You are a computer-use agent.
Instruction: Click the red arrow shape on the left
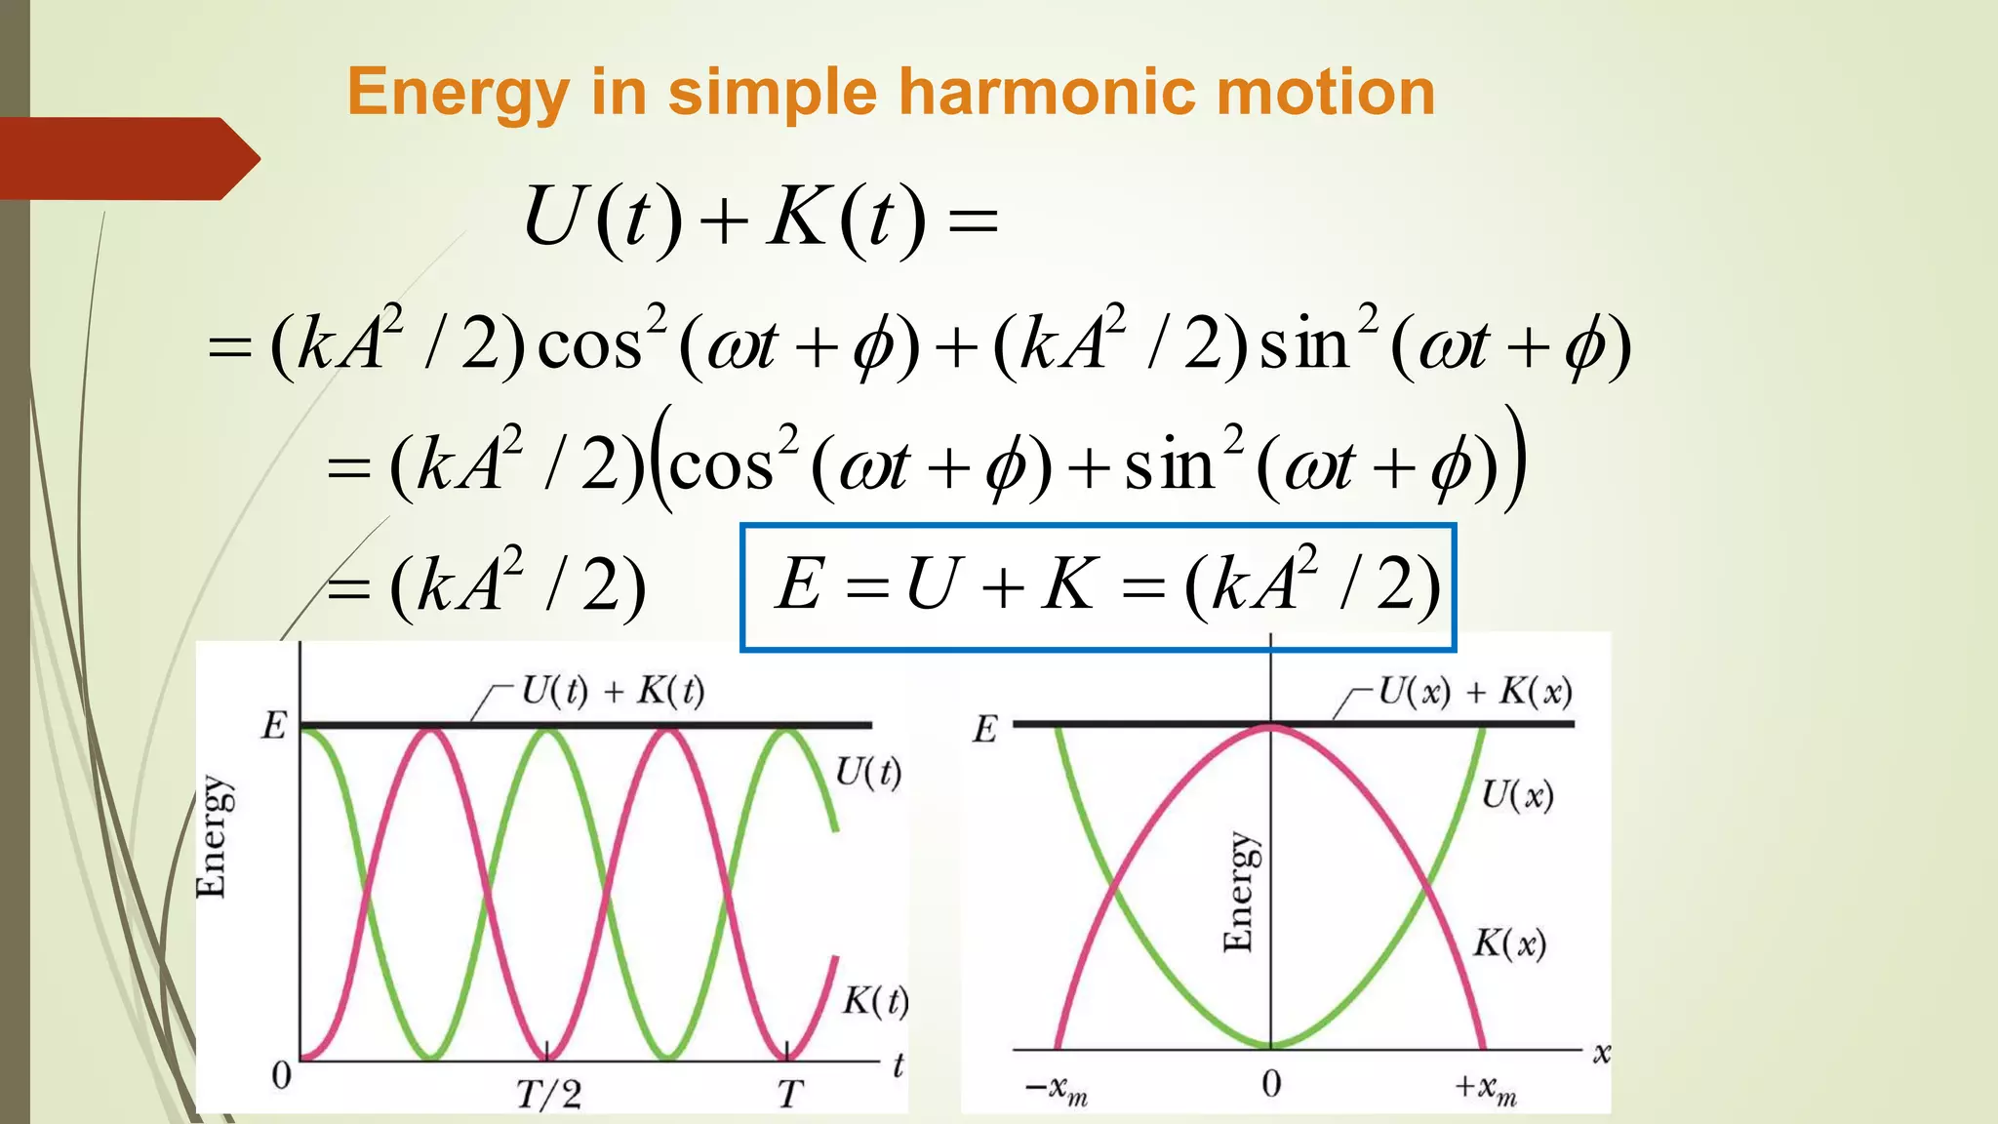pos(127,159)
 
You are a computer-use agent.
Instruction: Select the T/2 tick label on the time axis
pos(548,1094)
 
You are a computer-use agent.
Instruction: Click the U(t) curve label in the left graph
pos(867,773)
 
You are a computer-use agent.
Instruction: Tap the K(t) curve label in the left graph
pos(875,1001)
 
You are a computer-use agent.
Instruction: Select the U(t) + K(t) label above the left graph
pos(613,691)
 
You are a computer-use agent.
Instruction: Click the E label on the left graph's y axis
pos(274,726)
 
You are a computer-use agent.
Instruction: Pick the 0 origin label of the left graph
pos(281,1075)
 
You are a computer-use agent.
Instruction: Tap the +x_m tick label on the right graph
pos(1485,1088)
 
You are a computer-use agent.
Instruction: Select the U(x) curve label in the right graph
pos(1517,795)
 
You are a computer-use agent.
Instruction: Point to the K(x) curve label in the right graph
pos(1509,943)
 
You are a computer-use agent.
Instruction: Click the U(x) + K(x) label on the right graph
pos(1474,692)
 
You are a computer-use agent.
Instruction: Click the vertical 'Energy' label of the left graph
pos(212,836)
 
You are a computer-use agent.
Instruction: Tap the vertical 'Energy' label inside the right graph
pos(1239,891)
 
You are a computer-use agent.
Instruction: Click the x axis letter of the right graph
pos(1601,1054)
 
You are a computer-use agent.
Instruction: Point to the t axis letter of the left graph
pos(898,1064)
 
